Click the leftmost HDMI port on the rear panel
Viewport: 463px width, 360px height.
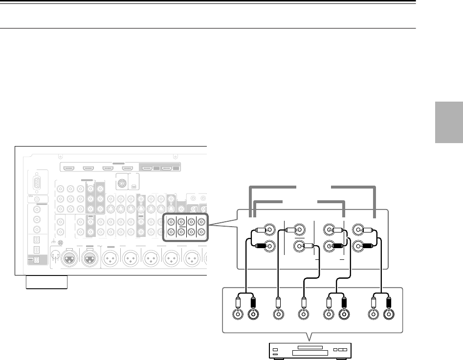[x=68, y=169]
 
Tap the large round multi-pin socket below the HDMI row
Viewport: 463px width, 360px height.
[x=121, y=184]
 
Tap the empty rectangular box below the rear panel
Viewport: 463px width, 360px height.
[x=46, y=282]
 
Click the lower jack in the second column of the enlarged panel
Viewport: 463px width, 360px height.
[x=298, y=247]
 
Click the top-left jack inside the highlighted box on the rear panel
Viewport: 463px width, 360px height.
[x=172, y=219]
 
